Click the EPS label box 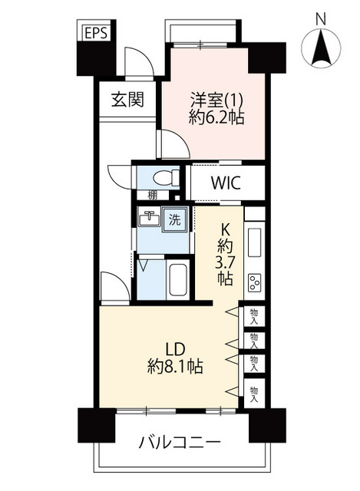(96, 33)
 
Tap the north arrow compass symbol (321, 48)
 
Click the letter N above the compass (321, 19)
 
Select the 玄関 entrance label (127, 101)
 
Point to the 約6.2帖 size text (216, 117)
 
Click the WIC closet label (226, 183)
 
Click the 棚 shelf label (153, 196)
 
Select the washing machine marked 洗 (175, 219)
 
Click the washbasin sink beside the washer (149, 216)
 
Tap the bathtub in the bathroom (178, 280)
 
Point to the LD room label (176, 350)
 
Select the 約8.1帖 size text (175, 366)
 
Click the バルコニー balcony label (180, 443)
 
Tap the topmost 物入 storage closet (254, 316)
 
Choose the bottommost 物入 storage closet (254, 394)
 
